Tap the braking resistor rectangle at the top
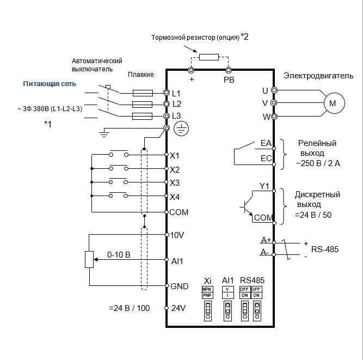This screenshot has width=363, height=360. click(210, 57)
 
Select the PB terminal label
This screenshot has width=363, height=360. click(229, 80)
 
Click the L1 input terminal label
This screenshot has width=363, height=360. click(176, 93)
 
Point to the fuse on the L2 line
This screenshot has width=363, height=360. click(142, 104)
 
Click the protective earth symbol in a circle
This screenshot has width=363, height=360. click(180, 129)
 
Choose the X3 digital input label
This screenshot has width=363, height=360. click(175, 182)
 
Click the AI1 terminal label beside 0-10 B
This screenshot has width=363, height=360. click(177, 261)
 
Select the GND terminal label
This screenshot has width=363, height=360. click(179, 286)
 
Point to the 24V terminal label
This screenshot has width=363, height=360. click(179, 308)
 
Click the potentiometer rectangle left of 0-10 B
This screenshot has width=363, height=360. click(89, 259)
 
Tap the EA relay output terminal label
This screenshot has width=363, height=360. click(266, 143)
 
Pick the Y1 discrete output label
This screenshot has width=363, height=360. click(264, 186)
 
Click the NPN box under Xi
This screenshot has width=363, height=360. click(206, 289)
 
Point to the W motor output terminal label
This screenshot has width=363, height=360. click(265, 116)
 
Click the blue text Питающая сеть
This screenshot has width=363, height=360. click(49, 84)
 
